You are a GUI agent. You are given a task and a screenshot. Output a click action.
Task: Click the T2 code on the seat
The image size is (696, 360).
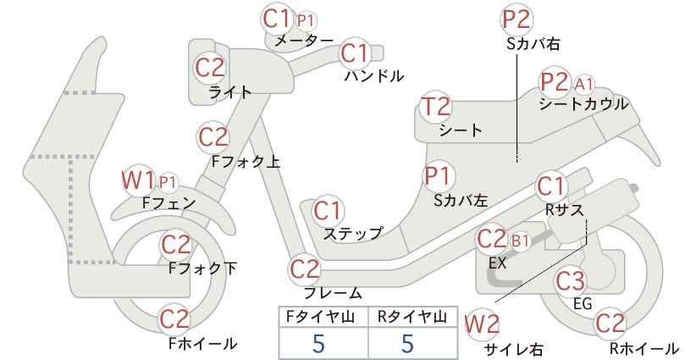point(436,107)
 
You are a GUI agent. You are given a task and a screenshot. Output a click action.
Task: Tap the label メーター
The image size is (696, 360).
point(304,41)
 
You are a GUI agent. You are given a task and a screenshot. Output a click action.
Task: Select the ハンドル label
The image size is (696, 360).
point(374,76)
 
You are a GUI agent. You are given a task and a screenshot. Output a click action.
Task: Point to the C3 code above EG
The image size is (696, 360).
point(571,281)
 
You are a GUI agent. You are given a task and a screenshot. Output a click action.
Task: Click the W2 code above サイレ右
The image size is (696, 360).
point(482,325)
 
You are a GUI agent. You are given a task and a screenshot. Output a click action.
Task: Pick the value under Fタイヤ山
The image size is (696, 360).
point(318,343)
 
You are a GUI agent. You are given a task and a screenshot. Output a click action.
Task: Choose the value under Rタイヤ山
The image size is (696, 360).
point(407,343)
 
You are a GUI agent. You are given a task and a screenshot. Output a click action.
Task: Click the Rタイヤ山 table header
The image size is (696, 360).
point(412,317)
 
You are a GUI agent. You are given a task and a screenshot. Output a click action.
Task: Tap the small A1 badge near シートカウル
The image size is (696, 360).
point(584,83)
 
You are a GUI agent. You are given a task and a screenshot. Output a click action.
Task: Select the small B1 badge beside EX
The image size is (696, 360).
point(521,241)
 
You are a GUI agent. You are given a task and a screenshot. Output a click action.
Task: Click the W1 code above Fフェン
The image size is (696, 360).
point(139,180)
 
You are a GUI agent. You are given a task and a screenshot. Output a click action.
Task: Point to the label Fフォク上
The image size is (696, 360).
point(246,162)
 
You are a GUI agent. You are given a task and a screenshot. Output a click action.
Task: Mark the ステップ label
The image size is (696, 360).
point(353,233)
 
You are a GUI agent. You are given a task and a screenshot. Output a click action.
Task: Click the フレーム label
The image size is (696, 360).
point(333,292)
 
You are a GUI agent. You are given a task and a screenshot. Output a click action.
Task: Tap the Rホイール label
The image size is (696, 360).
point(644,348)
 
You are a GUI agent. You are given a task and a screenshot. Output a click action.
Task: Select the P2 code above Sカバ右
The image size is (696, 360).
point(516,20)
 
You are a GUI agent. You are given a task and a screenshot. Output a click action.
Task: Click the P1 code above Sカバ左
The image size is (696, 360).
point(438,176)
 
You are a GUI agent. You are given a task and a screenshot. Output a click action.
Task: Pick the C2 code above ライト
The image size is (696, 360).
point(211,68)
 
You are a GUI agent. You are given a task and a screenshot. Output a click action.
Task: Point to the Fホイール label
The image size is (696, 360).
point(203,344)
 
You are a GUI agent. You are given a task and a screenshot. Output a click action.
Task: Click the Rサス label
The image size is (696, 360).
point(564,209)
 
